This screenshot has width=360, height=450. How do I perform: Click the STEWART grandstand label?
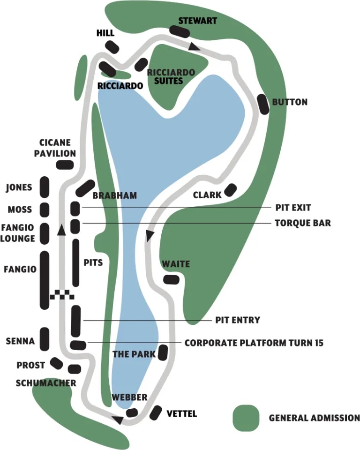(x=198, y=21)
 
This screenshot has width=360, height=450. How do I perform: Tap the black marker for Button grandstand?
(x=263, y=104)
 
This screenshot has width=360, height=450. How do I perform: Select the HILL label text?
(x=105, y=33)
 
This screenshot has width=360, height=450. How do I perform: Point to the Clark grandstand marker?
(x=230, y=190)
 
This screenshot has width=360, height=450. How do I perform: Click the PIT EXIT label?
(x=293, y=208)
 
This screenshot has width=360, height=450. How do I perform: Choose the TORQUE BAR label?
(x=302, y=223)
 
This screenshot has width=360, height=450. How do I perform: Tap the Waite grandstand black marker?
(x=171, y=279)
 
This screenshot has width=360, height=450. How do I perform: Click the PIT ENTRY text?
(x=237, y=320)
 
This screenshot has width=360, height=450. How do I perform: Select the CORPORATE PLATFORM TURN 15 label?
(x=254, y=343)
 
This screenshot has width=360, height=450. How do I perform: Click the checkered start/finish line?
(x=62, y=294)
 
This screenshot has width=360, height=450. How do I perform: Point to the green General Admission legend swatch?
(x=246, y=418)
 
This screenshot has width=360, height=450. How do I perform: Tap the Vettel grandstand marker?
(x=155, y=412)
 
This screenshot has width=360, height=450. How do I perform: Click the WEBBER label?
(x=129, y=397)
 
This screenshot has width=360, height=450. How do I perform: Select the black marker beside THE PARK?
(x=163, y=352)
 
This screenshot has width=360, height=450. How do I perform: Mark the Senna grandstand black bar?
(x=45, y=339)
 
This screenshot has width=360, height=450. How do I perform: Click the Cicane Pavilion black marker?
(x=65, y=165)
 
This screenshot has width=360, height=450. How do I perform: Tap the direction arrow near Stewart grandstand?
(x=194, y=46)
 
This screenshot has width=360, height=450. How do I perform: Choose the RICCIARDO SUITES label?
(x=171, y=77)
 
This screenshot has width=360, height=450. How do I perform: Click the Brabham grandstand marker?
(x=85, y=188)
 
